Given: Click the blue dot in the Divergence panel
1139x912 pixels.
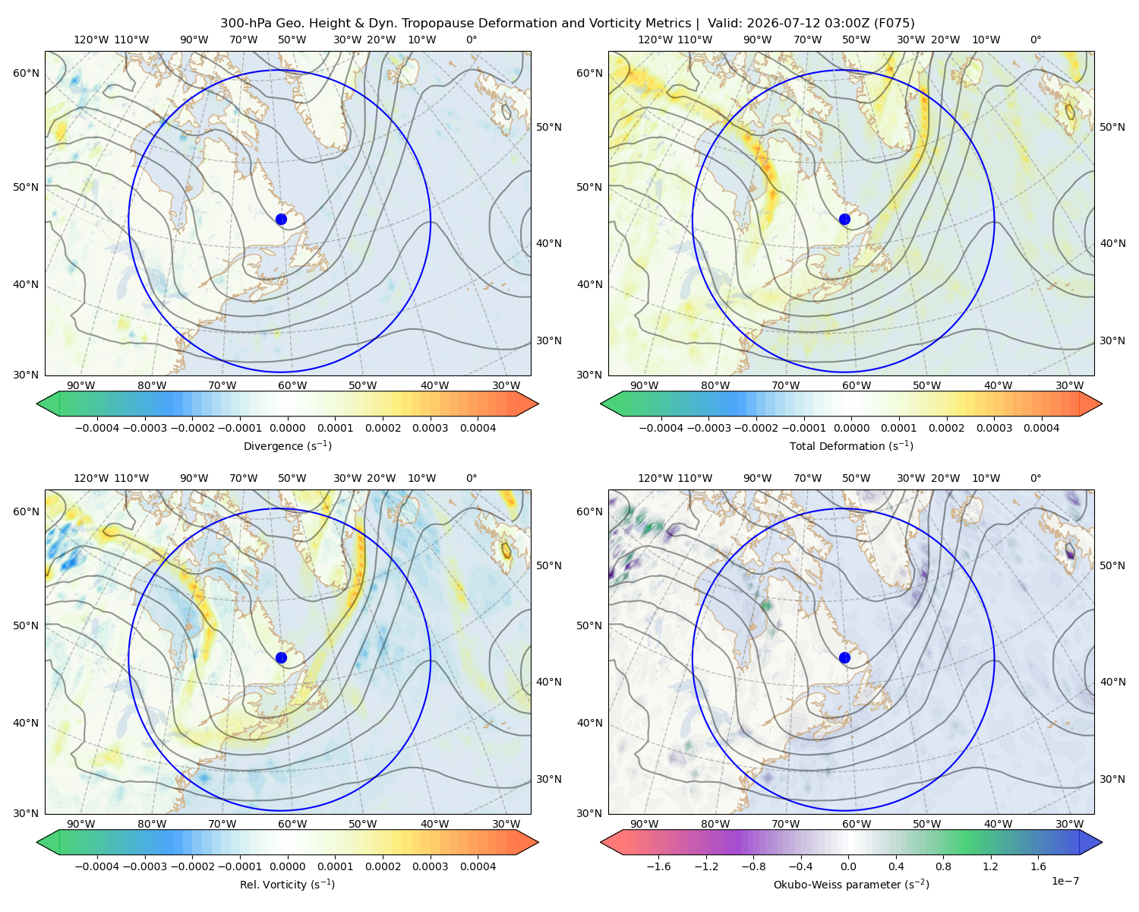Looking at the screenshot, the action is click(x=281, y=219).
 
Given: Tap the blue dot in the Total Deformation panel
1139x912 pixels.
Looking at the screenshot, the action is click(x=844, y=219).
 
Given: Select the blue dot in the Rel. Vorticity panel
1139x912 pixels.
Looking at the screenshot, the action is click(x=281, y=657).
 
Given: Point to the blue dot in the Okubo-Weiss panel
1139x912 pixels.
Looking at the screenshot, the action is click(x=844, y=657).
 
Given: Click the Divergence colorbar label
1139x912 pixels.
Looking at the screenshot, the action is click(x=287, y=445).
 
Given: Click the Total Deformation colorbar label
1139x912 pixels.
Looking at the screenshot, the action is click(x=851, y=445).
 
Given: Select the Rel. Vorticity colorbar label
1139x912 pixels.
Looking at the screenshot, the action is click(x=287, y=884).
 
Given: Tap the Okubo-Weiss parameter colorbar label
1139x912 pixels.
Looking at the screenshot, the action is click(x=851, y=884).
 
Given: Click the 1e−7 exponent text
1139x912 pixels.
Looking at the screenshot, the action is click(x=1065, y=881).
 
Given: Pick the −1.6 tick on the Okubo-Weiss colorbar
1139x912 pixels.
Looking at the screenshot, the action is click(x=658, y=866).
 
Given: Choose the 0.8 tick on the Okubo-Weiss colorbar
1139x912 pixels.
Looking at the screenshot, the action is click(x=943, y=866).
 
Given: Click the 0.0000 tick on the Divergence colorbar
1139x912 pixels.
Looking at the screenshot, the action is click(x=287, y=428).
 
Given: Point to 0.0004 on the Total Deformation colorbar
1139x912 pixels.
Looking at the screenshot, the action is click(x=1041, y=428).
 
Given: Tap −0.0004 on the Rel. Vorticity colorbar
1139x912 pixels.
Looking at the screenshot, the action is click(x=97, y=866).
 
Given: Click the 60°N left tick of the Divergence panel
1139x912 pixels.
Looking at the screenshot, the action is click(x=26, y=73).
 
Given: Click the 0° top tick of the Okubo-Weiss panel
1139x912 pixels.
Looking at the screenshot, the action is click(x=1035, y=477).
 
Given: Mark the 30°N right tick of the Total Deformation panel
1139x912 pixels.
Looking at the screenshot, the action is click(x=1112, y=340).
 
